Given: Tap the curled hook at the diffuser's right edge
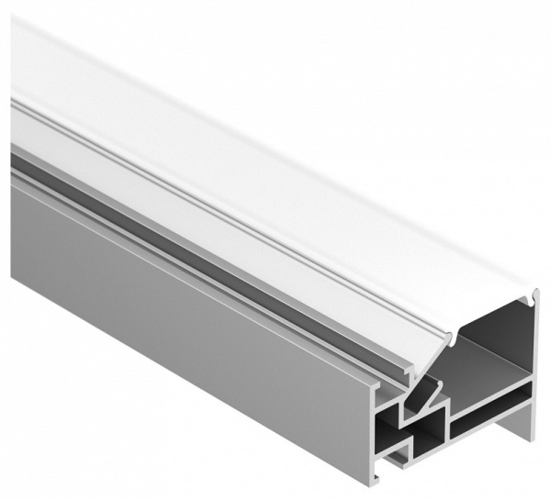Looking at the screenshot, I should [x=533, y=295].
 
